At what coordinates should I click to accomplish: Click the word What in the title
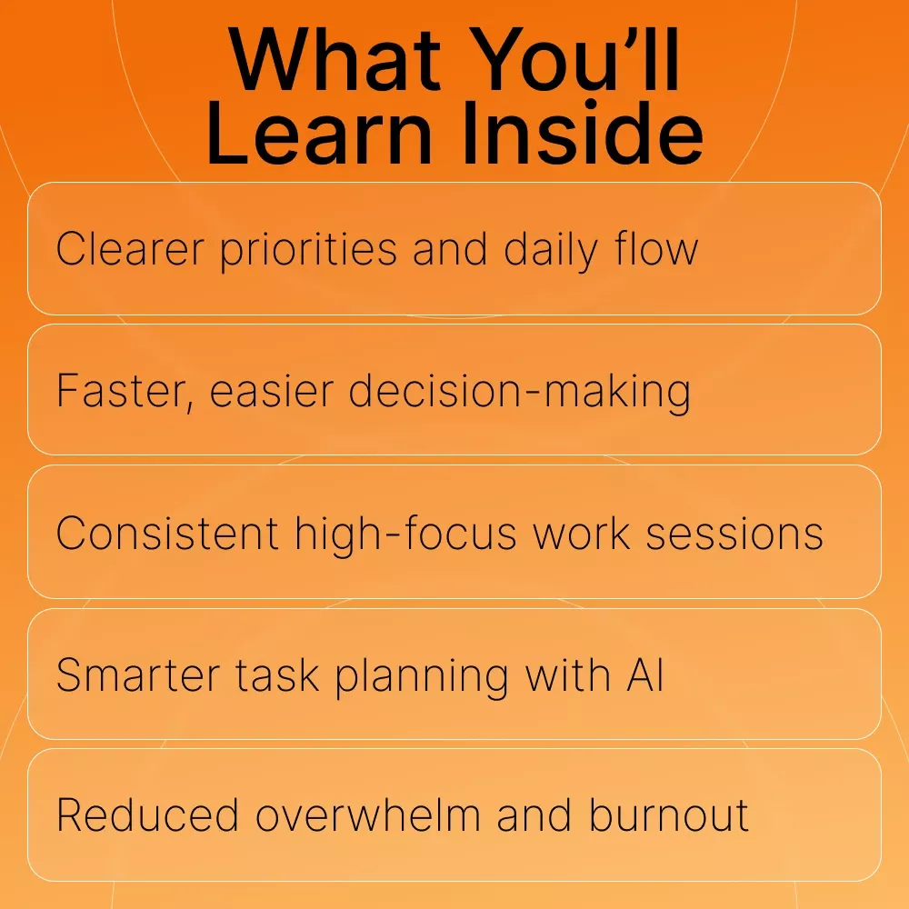point(335,60)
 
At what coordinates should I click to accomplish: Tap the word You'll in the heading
point(574,60)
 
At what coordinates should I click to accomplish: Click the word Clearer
point(130,249)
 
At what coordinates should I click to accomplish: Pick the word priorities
point(308,251)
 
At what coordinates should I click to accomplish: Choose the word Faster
point(125,391)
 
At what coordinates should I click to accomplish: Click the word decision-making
point(519,393)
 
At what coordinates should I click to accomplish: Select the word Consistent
point(167,534)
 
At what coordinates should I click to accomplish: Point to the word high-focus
point(405,534)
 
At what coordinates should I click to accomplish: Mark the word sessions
point(734,534)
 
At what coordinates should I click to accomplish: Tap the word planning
point(422,677)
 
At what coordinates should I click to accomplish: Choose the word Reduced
point(147,815)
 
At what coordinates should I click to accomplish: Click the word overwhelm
point(368,815)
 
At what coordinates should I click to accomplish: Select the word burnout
point(669,815)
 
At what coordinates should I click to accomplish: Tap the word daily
point(551,251)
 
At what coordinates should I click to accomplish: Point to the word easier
point(271,391)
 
